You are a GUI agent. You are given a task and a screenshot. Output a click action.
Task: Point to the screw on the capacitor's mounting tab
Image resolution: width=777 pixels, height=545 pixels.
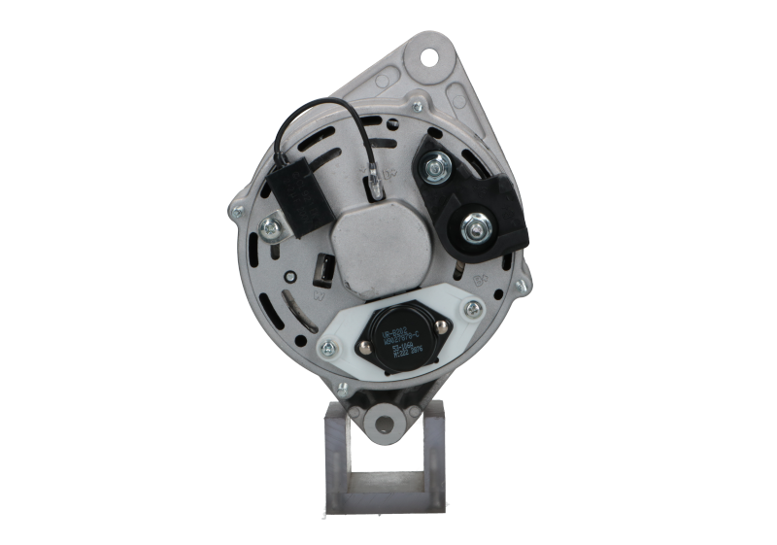tap(270, 229)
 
